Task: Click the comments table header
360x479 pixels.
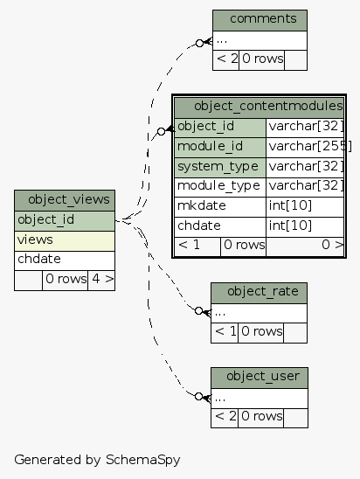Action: (260, 19)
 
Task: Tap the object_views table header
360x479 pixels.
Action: (64, 200)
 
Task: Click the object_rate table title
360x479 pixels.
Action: (259, 291)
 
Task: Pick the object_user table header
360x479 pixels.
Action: (259, 377)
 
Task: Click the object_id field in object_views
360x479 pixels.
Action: (64, 219)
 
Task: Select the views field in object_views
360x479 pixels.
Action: (64, 239)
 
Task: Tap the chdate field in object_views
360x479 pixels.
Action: (64, 260)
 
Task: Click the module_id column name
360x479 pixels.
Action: (219, 146)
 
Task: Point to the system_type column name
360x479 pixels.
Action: (219, 166)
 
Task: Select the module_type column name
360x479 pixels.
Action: (219, 186)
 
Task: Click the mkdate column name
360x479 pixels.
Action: (219, 206)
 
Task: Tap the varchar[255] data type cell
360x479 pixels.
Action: (305, 146)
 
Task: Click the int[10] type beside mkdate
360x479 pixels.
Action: (305, 206)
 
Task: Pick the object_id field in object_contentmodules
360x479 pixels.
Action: (219, 126)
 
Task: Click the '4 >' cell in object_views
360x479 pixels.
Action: (101, 280)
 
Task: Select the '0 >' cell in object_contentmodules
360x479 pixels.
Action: (305, 246)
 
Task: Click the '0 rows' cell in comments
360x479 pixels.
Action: (262, 59)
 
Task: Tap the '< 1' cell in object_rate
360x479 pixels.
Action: (225, 331)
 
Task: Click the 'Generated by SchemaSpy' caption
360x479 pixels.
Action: (97, 458)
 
